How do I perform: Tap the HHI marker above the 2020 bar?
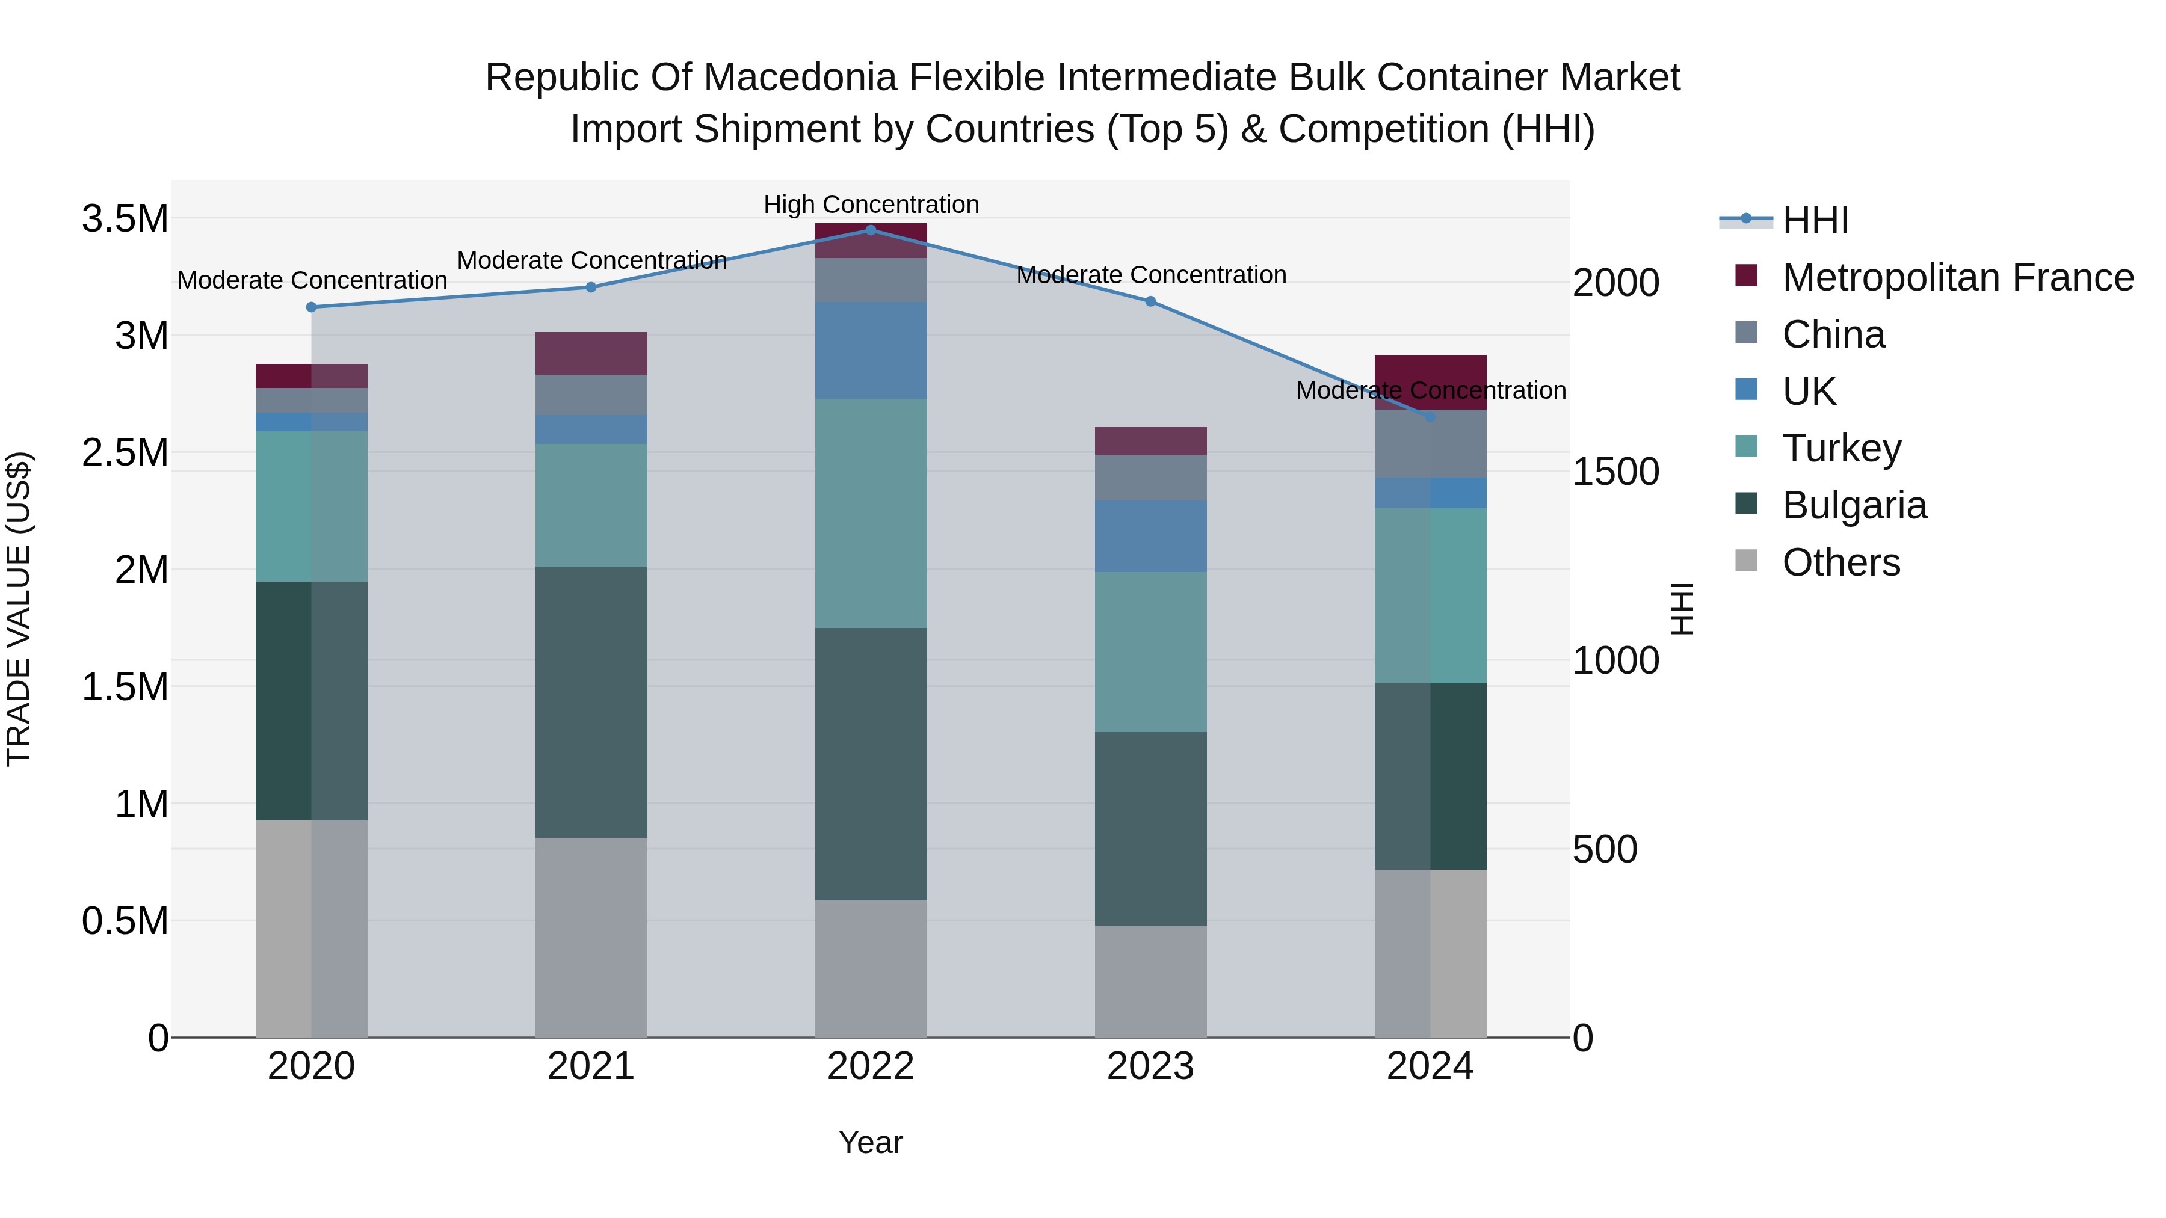point(311,307)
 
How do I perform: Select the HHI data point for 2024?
point(1430,417)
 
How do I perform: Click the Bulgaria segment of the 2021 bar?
point(591,702)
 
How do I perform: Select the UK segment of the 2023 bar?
point(1150,537)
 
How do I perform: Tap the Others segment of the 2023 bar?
point(1150,981)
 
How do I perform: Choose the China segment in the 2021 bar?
point(591,394)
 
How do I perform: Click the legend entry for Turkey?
point(1842,448)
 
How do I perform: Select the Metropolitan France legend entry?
point(1957,277)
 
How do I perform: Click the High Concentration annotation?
point(871,205)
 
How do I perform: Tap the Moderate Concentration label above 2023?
point(1151,275)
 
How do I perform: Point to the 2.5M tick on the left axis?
point(125,452)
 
